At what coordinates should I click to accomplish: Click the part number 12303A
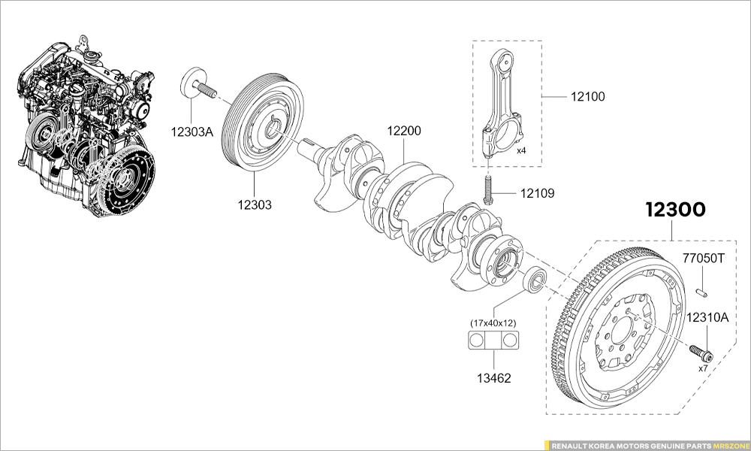tap(192, 132)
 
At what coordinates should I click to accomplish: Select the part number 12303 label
tap(255, 204)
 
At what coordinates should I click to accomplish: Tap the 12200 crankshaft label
tap(404, 131)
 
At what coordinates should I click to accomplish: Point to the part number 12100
tap(587, 97)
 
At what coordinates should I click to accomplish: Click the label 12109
tap(537, 193)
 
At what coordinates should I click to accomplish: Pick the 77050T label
tap(703, 259)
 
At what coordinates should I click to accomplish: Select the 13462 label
tap(493, 378)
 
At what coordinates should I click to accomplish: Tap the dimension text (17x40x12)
tap(493, 322)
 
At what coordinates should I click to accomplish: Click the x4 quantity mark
tap(521, 150)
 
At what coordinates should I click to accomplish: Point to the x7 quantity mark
tap(703, 368)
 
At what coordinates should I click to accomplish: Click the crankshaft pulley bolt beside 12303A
tap(198, 83)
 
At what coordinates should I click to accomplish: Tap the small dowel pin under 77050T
tap(702, 290)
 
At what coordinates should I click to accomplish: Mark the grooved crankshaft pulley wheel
tap(263, 124)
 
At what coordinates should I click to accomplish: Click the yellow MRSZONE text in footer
tap(730, 445)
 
